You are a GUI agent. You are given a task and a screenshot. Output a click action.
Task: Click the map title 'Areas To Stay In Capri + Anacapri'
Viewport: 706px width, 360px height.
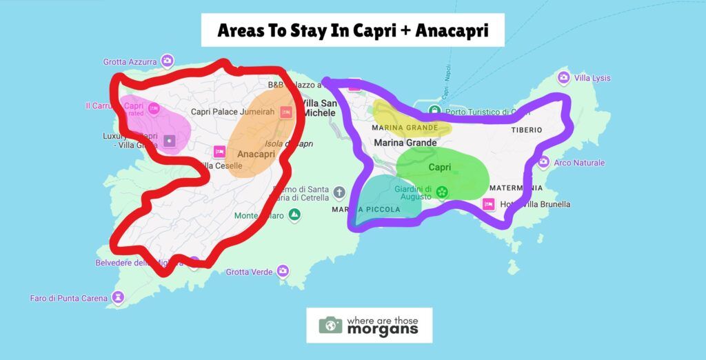[x=352, y=30]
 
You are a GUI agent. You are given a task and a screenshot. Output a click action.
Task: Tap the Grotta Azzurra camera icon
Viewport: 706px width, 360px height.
[x=167, y=61]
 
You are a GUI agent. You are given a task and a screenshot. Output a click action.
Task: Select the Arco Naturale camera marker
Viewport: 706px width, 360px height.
[x=543, y=163]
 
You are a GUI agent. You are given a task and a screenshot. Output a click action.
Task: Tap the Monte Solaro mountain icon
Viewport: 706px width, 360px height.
[x=295, y=215]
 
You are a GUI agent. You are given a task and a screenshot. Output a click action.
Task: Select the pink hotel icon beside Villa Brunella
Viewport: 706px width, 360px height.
[x=489, y=203]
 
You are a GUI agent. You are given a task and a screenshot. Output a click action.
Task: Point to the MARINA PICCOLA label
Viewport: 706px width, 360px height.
[x=367, y=210]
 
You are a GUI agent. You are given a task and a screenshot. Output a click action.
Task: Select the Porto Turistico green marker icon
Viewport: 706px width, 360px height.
[x=434, y=110]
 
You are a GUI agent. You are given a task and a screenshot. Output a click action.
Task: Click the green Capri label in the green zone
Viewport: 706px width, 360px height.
[x=440, y=168]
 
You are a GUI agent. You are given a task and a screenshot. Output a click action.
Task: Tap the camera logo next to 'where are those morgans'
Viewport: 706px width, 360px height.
[x=330, y=325]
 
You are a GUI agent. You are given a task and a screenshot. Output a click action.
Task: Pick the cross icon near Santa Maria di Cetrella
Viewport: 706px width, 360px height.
[x=339, y=192]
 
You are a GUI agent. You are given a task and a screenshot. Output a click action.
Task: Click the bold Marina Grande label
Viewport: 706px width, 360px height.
[x=405, y=143]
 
